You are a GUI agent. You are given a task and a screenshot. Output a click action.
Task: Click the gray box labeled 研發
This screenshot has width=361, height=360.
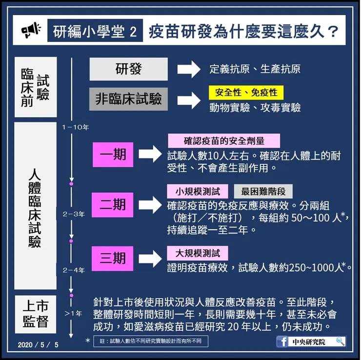(x=128, y=69)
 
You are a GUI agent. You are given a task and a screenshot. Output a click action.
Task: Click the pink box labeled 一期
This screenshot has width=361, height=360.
(x=113, y=155)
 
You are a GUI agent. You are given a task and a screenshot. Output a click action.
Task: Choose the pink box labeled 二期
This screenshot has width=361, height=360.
(x=113, y=204)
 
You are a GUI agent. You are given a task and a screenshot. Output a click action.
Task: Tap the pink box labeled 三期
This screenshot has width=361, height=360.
(x=113, y=258)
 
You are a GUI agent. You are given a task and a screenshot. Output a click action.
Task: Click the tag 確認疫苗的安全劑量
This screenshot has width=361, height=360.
(x=224, y=141)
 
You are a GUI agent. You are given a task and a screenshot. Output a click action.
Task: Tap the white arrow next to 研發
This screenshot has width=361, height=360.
(x=187, y=69)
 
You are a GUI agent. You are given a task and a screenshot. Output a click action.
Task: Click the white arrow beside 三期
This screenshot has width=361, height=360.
(x=151, y=258)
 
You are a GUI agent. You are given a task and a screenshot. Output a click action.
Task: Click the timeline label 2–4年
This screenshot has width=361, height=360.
(x=74, y=270)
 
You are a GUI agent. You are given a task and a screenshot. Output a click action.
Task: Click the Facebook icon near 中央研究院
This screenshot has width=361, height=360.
(x=282, y=342)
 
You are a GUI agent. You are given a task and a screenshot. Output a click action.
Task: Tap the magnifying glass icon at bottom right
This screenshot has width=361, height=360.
(x=340, y=341)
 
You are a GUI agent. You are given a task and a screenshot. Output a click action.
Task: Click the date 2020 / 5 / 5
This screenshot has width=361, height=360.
(x=38, y=345)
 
